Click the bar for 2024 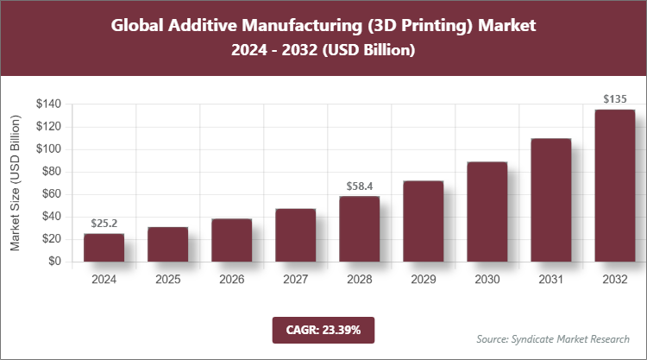(104, 247)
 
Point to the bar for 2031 (550, 199)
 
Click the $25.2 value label (104, 224)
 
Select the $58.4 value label (359, 186)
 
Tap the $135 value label (614, 99)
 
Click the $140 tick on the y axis (48, 104)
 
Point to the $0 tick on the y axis (53, 262)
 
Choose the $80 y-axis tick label (51, 172)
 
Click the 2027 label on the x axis (295, 280)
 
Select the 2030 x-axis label (487, 280)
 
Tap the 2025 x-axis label (167, 280)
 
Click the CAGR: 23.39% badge (323, 330)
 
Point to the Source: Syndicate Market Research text (553, 338)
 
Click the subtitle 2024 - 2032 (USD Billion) (323, 51)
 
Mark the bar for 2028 (359, 228)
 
